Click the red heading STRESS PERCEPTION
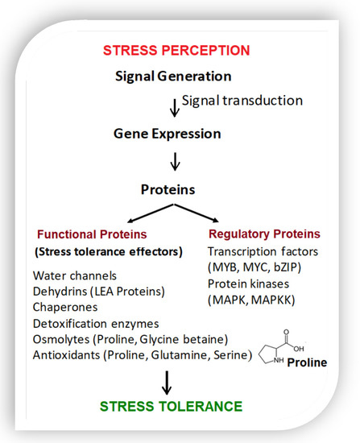point(176,51)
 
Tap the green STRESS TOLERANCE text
point(171,407)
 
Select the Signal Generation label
point(173,77)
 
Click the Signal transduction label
point(242,101)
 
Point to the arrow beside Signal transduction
point(175,108)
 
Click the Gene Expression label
point(168,135)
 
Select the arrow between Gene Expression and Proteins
point(176,162)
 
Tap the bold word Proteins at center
point(168,189)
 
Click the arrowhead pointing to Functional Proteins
point(130,221)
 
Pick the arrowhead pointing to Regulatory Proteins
point(216,220)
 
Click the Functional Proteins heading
point(92,234)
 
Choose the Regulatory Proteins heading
point(264,234)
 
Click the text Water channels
point(75,276)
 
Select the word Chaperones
point(65,308)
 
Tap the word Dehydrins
point(60,292)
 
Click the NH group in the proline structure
point(279,360)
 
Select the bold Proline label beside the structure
point(307,362)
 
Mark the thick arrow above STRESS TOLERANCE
point(167,383)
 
